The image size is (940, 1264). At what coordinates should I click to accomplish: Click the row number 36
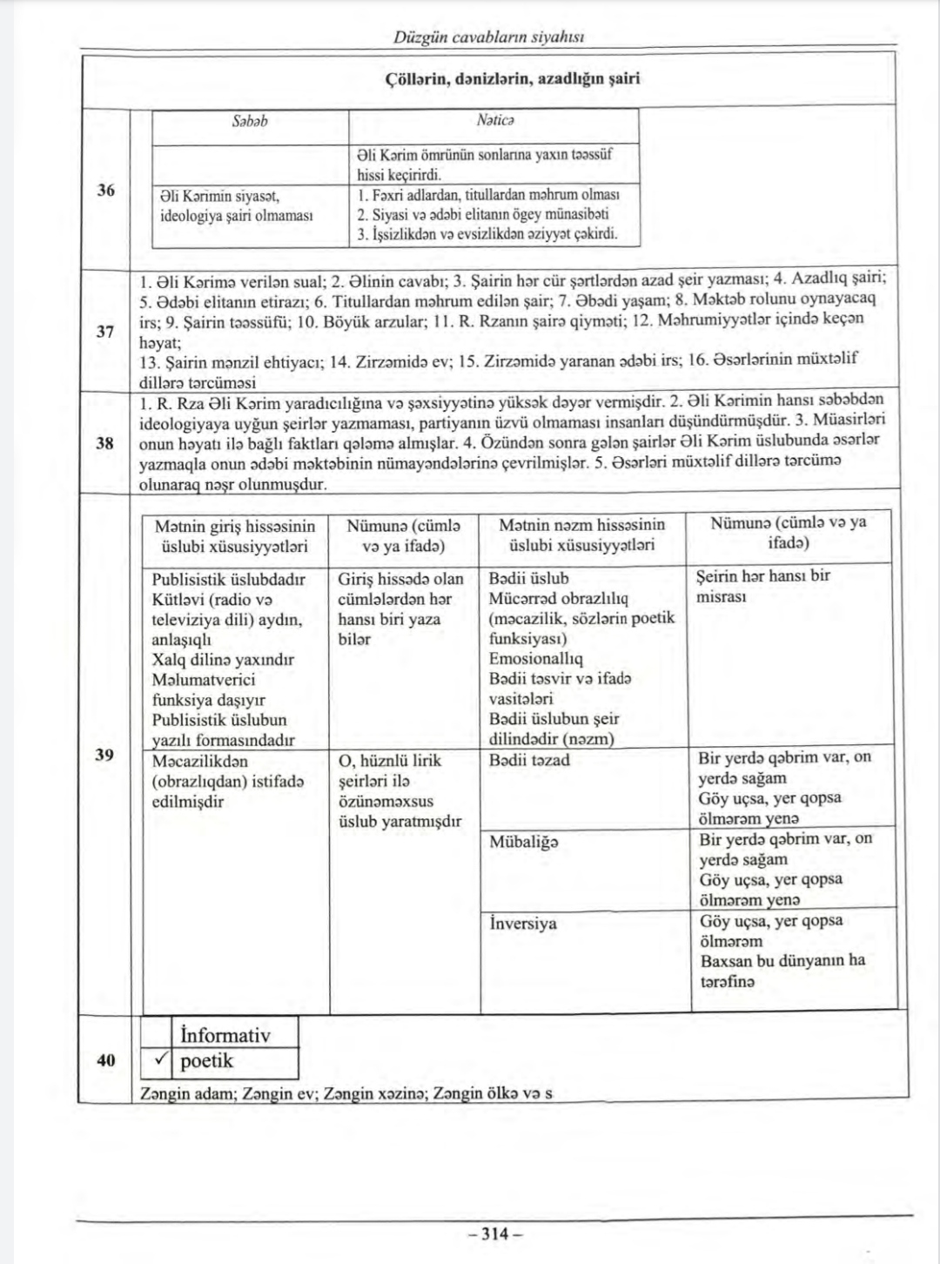105,190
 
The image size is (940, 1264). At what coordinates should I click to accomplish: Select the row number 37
105,332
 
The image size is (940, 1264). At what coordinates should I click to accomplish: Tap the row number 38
105,442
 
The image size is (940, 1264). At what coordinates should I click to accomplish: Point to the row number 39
105,754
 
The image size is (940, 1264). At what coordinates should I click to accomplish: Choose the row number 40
105,1059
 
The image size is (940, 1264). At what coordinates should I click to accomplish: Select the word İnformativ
225,1035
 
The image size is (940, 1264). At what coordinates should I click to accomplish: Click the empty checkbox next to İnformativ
158,1034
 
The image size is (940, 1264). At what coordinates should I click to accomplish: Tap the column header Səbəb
250,121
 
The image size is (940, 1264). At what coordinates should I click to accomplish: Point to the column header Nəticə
495,121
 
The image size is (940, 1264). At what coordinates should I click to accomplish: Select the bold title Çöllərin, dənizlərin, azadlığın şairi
513,78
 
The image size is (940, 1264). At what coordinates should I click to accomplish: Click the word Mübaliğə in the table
524,842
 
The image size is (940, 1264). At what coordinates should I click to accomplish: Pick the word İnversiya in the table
522,923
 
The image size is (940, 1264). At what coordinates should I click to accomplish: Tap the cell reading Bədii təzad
529,760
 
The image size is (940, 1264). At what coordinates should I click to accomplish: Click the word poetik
207,1061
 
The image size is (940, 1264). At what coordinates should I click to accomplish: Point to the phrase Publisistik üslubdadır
228,579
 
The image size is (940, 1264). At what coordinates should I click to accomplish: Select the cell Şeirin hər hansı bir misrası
763,586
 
